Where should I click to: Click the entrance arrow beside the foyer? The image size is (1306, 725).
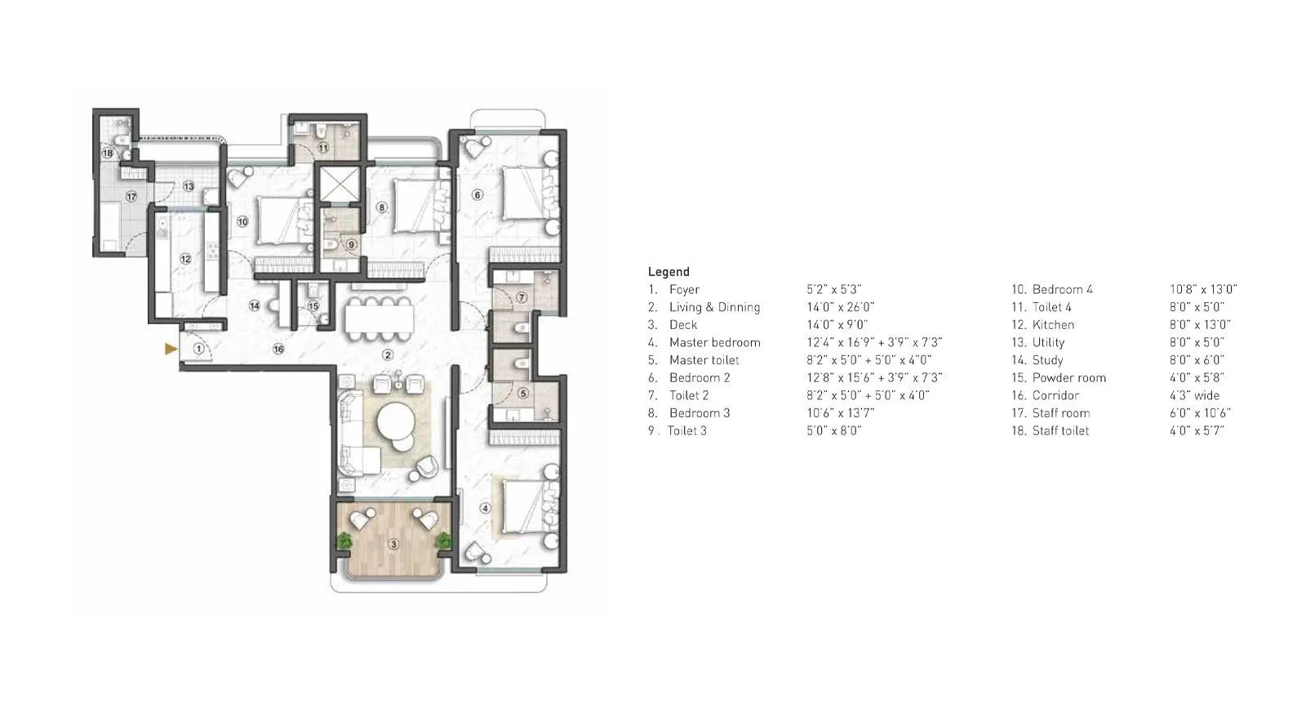(x=171, y=349)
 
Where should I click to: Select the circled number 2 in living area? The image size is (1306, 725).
(x=389, y=355)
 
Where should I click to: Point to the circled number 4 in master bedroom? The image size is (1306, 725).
(x=486, y=508)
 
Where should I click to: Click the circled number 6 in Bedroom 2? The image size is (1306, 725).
(x=478, y=195)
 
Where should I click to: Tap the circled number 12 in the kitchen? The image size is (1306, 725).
(x=185, y=260)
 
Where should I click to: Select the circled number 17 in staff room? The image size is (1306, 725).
(x=131, y=196)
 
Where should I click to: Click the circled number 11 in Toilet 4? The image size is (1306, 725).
(x=323, y=148)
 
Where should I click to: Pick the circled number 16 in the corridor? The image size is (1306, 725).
(x=278, y=349)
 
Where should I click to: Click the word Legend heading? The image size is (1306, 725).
(x=669, y=272)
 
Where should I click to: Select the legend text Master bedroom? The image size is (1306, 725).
(x=714, y=343)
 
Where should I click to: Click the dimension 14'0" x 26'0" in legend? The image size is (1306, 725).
(x=840, y=308)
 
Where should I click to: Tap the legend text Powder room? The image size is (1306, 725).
(x=1068, y=378)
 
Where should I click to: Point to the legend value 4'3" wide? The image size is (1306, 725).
(x=1194, y=396)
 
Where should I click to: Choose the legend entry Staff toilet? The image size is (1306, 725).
(x=1060, y=431)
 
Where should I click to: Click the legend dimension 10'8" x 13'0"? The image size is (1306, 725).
(x=1202, y=290)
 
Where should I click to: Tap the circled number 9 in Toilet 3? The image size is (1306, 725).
(x=351, y=244)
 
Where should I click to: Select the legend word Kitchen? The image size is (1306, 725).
(x=1053, y=325)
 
